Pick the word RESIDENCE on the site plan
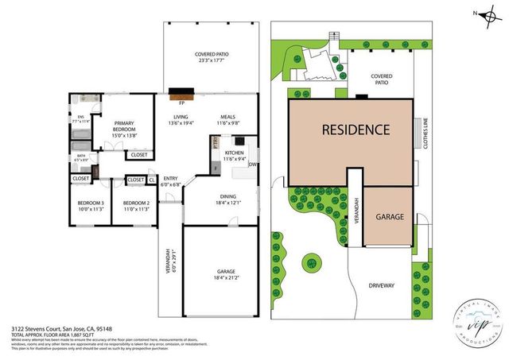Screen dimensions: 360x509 pyautogui.click(x=356, y=129)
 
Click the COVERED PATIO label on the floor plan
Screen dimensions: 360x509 pyautogui.click(x=211, y=57)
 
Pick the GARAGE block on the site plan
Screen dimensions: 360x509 pyautogui.click(x=390, y=216)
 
